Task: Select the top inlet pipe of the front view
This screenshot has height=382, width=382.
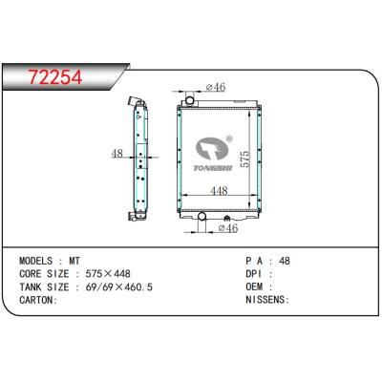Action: tap(191, 99)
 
